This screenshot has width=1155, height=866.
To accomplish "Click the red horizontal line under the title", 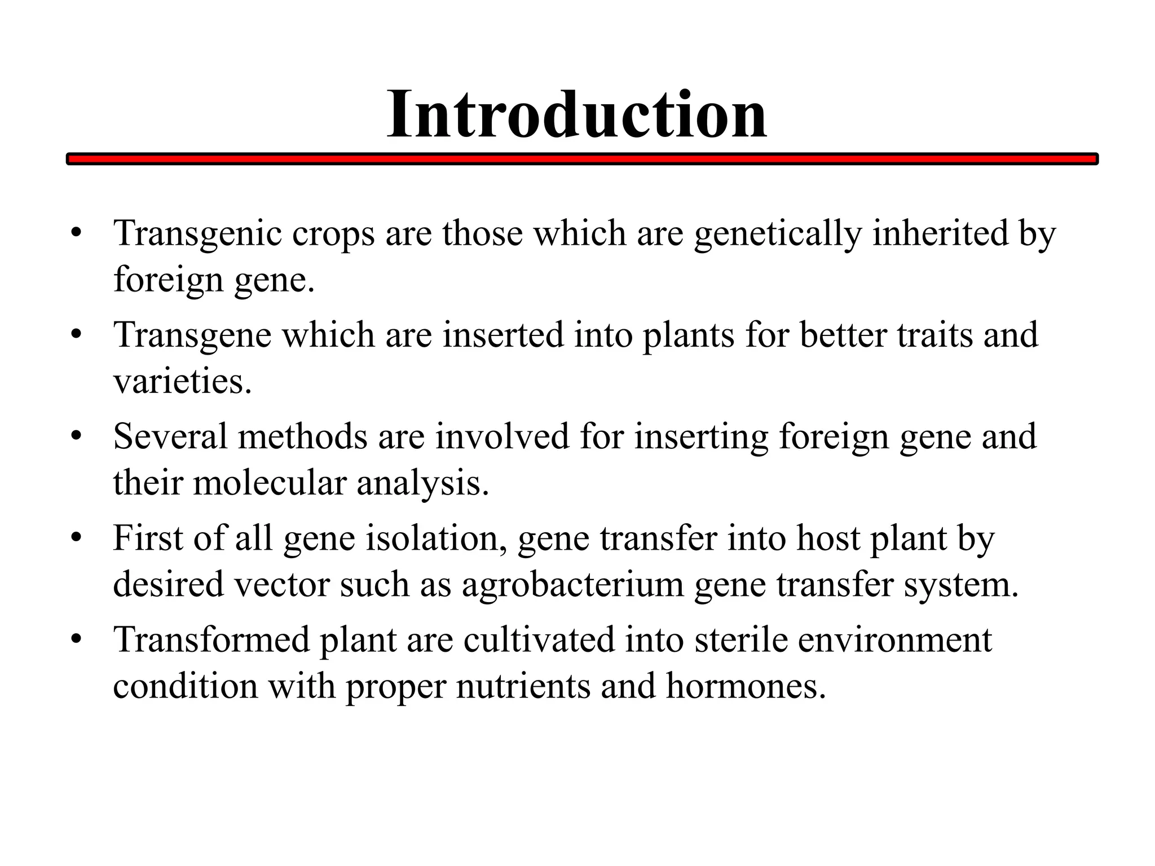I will (582, 160).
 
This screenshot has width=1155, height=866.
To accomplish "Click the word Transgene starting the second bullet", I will (192, 335).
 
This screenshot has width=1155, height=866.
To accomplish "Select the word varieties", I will (182, 381).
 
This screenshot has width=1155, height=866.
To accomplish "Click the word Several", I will (170, 436).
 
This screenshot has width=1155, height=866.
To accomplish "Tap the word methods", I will (302, 436).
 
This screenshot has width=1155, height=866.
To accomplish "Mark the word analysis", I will (422, 484).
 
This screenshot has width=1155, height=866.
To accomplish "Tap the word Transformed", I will (211, 640).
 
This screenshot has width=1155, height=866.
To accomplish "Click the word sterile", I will (741, 640).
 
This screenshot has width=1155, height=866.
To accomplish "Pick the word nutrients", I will (523, 686).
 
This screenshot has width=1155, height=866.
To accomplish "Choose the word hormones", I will (746, 686).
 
